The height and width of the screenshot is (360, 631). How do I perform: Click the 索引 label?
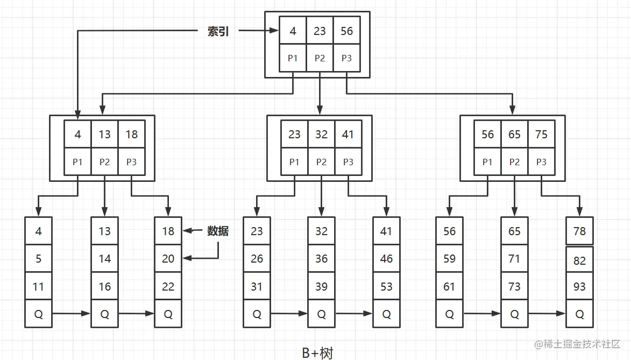218,31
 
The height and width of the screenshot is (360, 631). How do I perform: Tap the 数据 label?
218,231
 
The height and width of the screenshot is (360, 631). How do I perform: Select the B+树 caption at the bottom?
317,352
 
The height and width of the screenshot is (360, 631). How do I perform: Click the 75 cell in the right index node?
541,134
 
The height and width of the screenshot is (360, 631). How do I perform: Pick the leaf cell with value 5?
38,259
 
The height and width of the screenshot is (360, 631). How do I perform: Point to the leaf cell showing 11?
38,286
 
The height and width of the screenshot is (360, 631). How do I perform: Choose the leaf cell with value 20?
168,259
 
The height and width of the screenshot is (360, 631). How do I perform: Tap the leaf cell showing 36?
321,259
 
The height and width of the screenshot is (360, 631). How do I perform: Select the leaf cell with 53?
386,286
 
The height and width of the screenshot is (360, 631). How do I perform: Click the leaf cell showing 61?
449,286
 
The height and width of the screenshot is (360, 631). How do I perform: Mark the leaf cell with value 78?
579,231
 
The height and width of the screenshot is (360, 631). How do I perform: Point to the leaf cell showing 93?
579,286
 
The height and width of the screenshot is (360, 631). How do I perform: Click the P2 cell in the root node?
320,58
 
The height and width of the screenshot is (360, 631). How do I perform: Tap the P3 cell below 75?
541,161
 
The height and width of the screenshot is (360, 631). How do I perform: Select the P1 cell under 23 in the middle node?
294,161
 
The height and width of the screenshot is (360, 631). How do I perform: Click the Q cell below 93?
579,314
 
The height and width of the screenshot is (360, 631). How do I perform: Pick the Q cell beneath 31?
257,314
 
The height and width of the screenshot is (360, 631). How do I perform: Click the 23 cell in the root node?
320,31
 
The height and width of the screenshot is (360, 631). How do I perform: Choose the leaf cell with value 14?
104,259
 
